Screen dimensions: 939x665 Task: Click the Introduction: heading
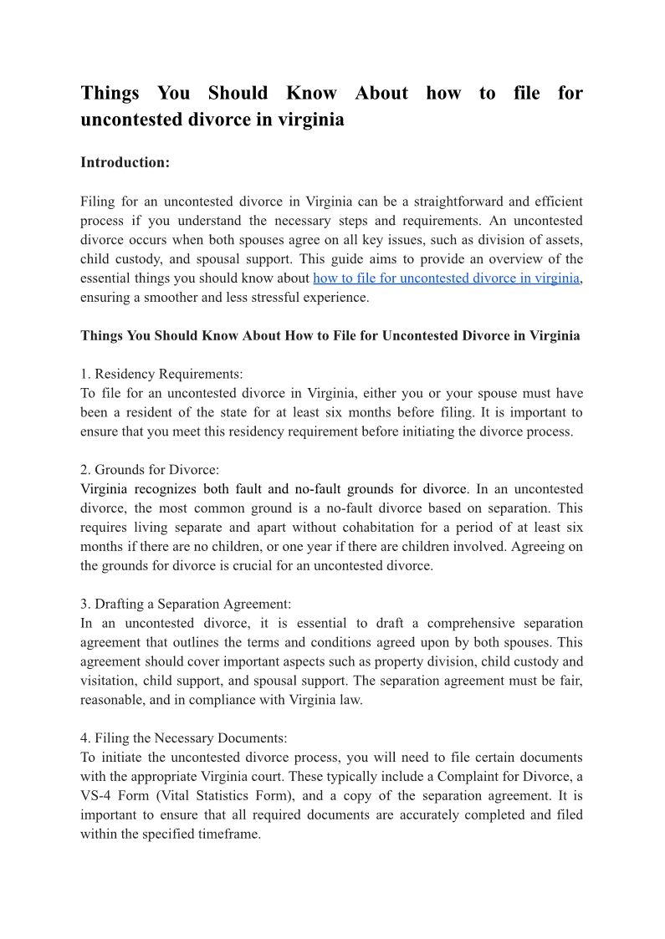pyautogui.click(x=125, y=162)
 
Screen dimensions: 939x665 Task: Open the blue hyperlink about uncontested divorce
pyautogui.click(x=446, y=278)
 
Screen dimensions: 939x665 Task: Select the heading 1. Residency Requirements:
pyautogui.click(x=161, y=374)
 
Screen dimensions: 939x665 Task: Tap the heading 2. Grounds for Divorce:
pyautogui.click(x=150, y=470)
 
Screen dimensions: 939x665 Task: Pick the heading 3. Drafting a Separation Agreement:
pyautogui.click(x=185, y=604)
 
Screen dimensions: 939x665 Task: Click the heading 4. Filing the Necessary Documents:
pyautogui.click(x=183, y=738)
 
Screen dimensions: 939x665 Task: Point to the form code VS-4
pyautogui.click(x=99, y=796)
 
